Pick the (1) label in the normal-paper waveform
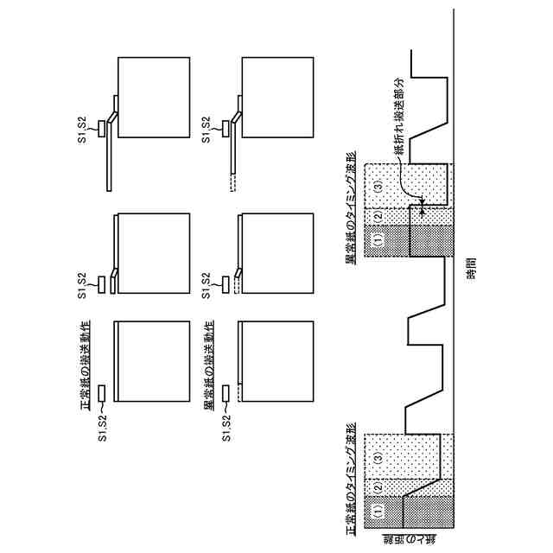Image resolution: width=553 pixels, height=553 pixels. click(377, 511)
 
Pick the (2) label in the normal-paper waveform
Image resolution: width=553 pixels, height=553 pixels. click(377, 483)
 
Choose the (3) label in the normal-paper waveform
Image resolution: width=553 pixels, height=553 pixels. click(377, 450)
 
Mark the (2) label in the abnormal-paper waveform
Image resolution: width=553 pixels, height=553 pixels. click(377, 213)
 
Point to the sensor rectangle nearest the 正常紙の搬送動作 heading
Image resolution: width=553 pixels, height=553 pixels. click(101, 393)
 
